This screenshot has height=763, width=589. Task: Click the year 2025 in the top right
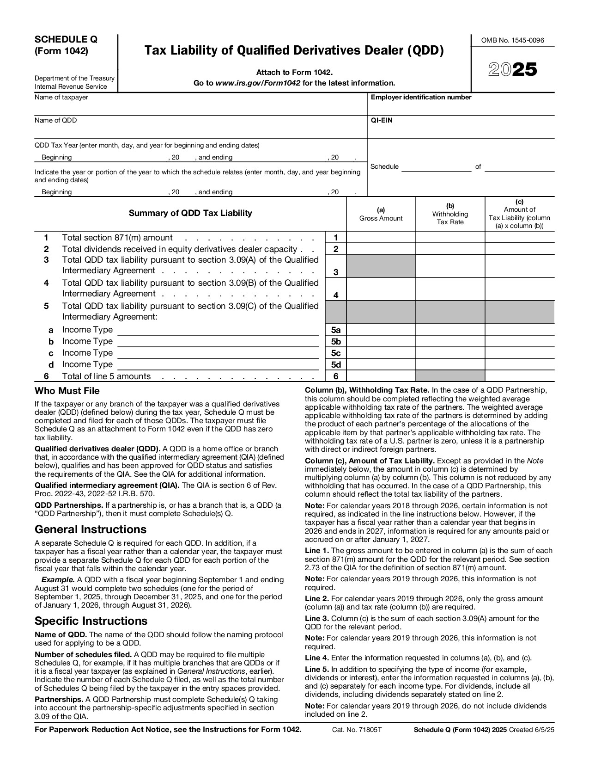click(x=513, y=70)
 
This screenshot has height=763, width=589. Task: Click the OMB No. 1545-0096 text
click(x=513, y=40)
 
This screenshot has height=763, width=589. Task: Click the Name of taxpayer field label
click(x=61, y=98)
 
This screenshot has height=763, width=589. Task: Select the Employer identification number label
click(x=421, y=98)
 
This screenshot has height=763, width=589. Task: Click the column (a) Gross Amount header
click(x=381, y=214)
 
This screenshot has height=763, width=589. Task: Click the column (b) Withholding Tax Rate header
click(x=450, y=214)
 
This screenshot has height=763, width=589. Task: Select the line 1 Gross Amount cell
click(x=381, y=238)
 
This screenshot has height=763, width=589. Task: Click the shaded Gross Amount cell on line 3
click(x=381, y=266)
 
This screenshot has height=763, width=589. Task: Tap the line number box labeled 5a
click(x=336, y=330)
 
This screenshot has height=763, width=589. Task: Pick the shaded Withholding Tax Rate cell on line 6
click(x=450, y=376)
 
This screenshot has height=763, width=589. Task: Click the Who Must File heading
click(x=67, y=391)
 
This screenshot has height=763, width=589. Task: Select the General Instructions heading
click(x=91, y=529)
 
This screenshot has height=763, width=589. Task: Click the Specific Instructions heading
click(x=91, y=621)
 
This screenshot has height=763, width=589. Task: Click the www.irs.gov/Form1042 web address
click(x=258, y=83)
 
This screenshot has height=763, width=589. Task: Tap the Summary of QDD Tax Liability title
click(x=190, y=213)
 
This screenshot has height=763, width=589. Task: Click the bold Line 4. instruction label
click(x=317, y=658)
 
